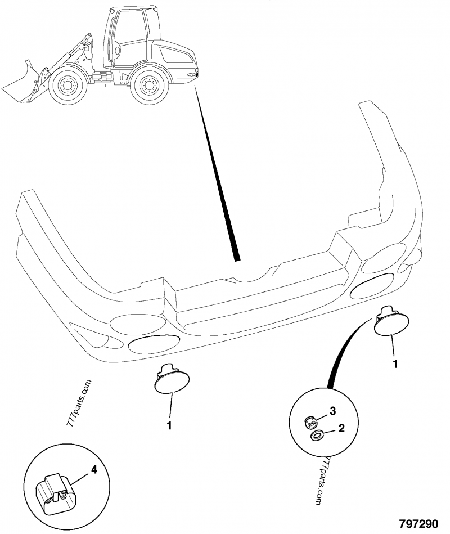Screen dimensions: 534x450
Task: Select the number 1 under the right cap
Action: [395, 364]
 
